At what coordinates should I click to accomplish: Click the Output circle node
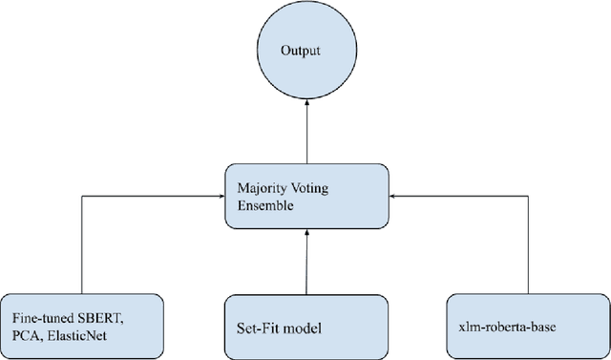pyautogui.click(x=306, y=53)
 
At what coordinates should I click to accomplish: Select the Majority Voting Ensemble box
pyautogui.click(x=306, y=195)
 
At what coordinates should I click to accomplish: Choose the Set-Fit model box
pyautogui.click(x=305, y=327)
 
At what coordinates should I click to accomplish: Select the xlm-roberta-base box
pyautogui.click(x=528, y=327)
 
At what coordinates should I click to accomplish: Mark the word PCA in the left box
pyautogui.click(x=26, y=334)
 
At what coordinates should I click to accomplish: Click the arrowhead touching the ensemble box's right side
pyautogui.click(x=395, y=196)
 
